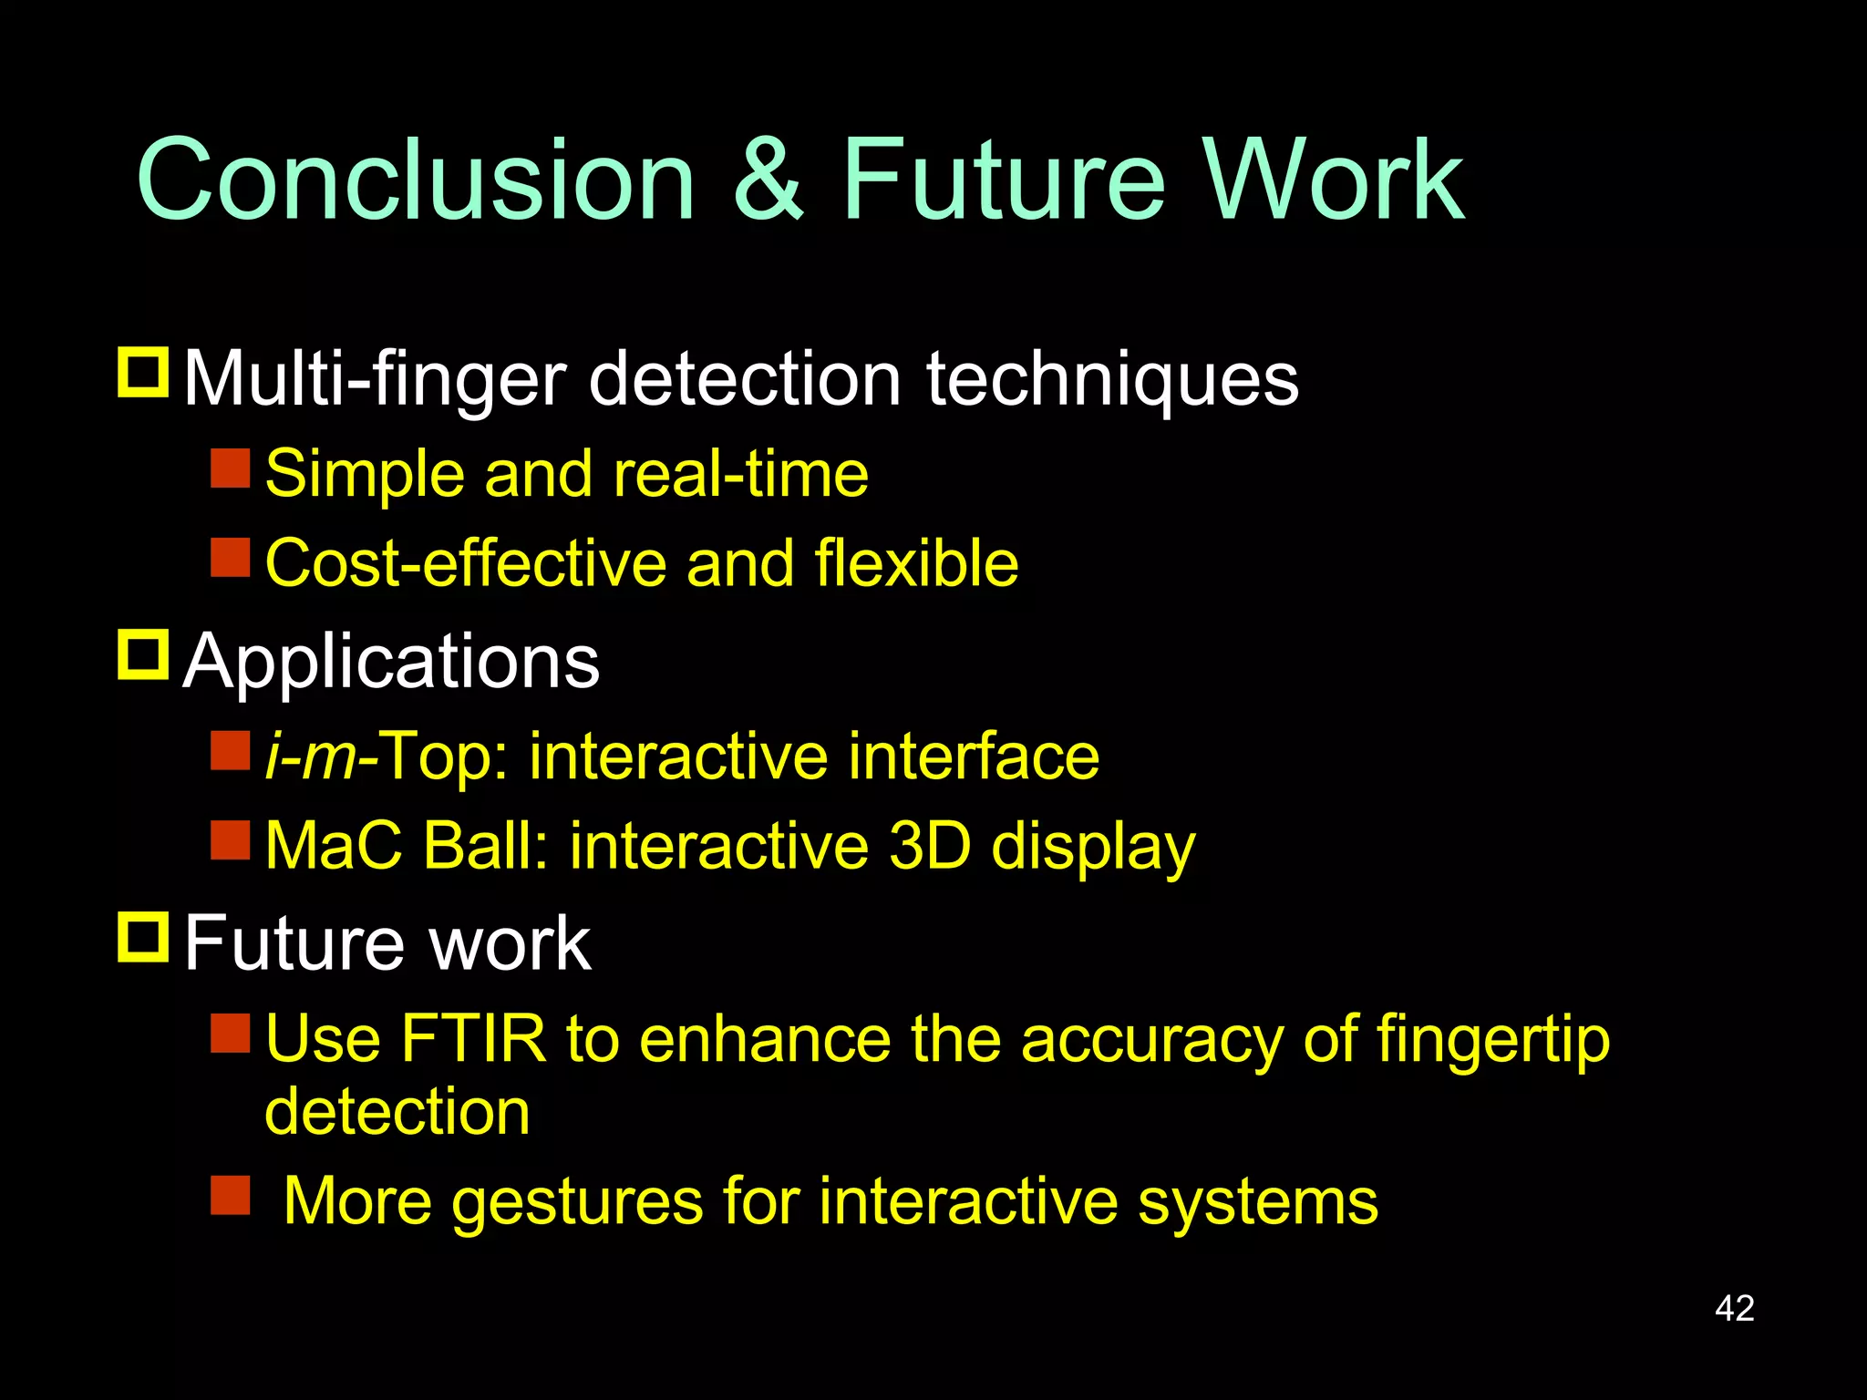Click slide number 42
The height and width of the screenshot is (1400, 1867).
[1734, 1308]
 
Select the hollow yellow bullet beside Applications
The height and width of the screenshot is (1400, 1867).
[143, 654]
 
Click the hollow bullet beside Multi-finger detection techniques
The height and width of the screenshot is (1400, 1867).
[143, 372]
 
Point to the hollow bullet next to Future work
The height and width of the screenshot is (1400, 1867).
[143, 936]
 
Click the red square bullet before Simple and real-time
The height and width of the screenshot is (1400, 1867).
[230, 468]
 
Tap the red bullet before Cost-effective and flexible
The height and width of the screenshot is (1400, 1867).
[230, 557]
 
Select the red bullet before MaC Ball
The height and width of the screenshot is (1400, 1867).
[230, 840]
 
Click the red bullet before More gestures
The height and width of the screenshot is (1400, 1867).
[230, 1195]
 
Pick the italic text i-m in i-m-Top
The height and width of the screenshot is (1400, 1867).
[310, 757]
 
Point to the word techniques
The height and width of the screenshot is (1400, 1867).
[1112, 379]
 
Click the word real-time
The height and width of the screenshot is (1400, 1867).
[741, 474]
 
